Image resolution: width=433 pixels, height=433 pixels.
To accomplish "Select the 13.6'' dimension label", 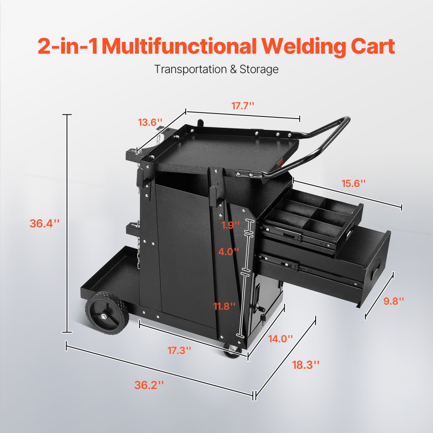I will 150,122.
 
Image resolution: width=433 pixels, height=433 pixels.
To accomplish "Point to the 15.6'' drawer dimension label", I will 351,183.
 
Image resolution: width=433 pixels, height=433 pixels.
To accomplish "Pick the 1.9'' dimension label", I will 230,225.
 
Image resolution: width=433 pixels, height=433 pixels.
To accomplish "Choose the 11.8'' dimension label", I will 224,306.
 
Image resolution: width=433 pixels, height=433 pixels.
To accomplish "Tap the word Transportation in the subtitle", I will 189,69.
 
